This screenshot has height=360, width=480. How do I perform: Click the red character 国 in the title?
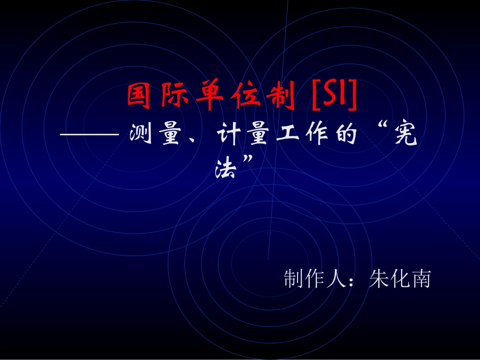click(x=139, y=97)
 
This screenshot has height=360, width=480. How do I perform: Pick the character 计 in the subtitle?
click(x=230, y=135)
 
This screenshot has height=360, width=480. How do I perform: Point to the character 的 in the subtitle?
click(x=346, y=135)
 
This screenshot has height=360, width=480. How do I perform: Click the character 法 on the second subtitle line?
click(x=226, y=167)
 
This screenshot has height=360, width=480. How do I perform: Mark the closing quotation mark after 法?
click(x=248, y=161)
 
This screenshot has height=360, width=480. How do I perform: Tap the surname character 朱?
click(x=378, y=279)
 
